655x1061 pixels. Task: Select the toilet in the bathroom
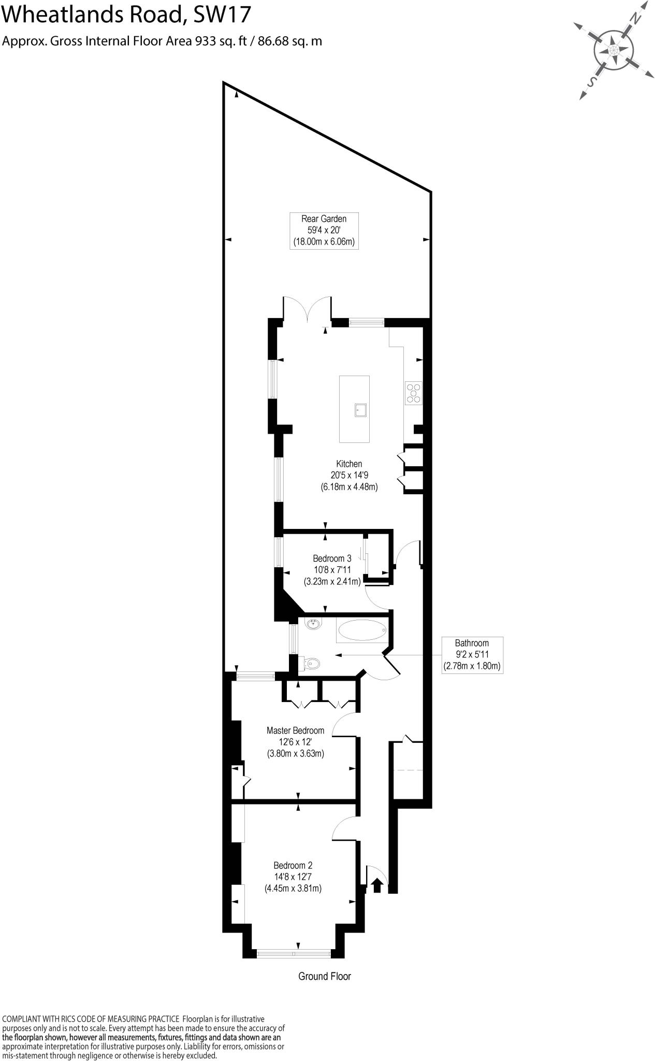click(x=311, y=663)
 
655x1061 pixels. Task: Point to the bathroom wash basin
click(x=313, y=625)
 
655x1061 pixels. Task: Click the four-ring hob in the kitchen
click(x=414, y=392)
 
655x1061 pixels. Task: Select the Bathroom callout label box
click(x=472, y=654)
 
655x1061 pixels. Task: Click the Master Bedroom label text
click(x=295, y=730)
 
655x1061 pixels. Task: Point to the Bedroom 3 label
click(x=332, y=558)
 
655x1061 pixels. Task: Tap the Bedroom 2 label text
click(x=293, y=865)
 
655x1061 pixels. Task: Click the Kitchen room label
click(x=349, y=464)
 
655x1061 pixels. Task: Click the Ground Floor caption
click(x=325, y=976)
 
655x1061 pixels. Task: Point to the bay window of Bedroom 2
click(x=294, y=953)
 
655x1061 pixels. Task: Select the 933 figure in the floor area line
click(x=205, y=41)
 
